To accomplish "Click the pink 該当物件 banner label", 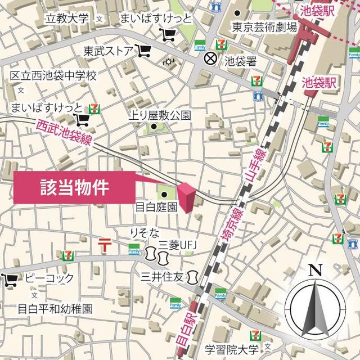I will (x=74, y=188).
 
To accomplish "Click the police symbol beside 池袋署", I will (x=210, y=57).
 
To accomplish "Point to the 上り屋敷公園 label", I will (x=161, y=115).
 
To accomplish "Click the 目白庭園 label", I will (x=157, y=207).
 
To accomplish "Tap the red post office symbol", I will (x=105, y=244).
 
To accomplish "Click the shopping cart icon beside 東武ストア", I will (x=144, y=51).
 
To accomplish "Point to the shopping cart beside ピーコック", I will (x=10, y=278).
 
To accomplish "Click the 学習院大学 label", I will (x=232, y=349).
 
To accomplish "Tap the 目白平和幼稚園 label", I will (x=55, y=309).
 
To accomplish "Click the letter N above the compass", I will (x=315, y=269).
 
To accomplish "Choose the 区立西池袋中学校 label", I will (x=54, y=75).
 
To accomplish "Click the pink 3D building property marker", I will (x=188, y=198).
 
